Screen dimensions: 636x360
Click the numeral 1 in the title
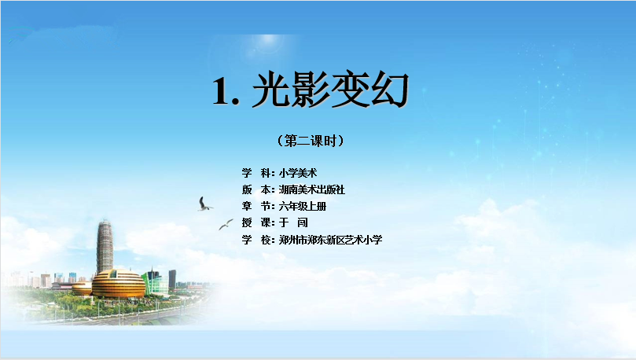(x=222, y=91)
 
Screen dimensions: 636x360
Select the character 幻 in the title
(x=388, y=89)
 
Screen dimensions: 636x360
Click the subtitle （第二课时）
(x=311, y=141)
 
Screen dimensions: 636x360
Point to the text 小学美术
(x=298, y=173)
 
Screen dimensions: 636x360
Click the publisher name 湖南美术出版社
(x=312, y=189)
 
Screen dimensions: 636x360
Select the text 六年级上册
(x=303, y=207)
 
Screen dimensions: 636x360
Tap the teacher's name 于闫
(x=294, y=222)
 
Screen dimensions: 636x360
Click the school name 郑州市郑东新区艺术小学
(x=330, y=240)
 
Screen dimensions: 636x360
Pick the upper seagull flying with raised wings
(x=204, y=204)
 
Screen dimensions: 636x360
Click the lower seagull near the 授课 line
(x=226, y=224)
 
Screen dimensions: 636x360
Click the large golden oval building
(x=119, y=284)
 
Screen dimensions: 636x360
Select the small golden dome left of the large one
(x=82, y=288)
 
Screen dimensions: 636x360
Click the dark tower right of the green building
(x=172, y=279)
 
